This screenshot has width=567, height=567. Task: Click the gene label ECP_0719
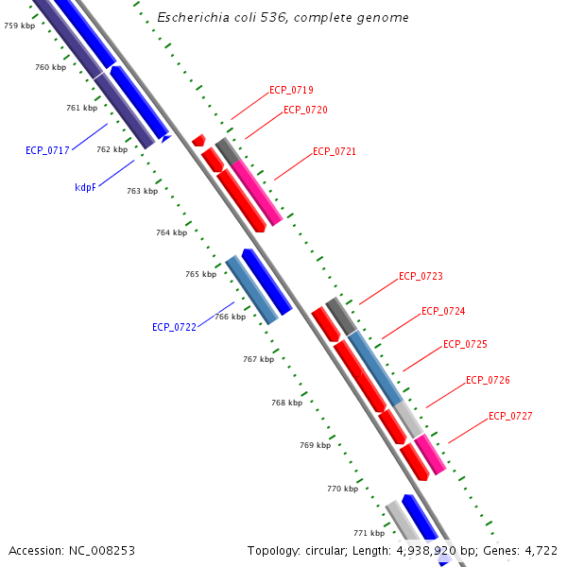click(291, 91)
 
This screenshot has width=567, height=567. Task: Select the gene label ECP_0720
click(305, 111)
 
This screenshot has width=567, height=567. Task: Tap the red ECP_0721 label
click(335, 152)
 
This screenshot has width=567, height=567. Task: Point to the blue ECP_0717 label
click(47, 150)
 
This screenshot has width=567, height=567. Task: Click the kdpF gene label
click(86, 187)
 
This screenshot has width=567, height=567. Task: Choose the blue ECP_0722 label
click(174, 328)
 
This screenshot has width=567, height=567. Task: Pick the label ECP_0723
click(421, 277)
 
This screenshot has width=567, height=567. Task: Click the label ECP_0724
click(443, 312)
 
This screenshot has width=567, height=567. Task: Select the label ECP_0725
click(465, 345)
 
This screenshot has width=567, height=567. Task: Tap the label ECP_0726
click(488, 381)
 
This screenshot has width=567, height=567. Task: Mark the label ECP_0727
click(510, 417)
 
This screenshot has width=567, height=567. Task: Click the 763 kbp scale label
click(142, 191)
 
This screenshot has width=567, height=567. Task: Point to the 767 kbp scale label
click(258, 359)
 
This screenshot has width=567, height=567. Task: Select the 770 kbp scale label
click(342, 489)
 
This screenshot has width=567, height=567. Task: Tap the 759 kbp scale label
click(19, 26)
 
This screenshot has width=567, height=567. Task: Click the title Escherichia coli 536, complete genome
click(283, 18)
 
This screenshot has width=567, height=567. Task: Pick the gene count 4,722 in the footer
click(541, 550)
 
